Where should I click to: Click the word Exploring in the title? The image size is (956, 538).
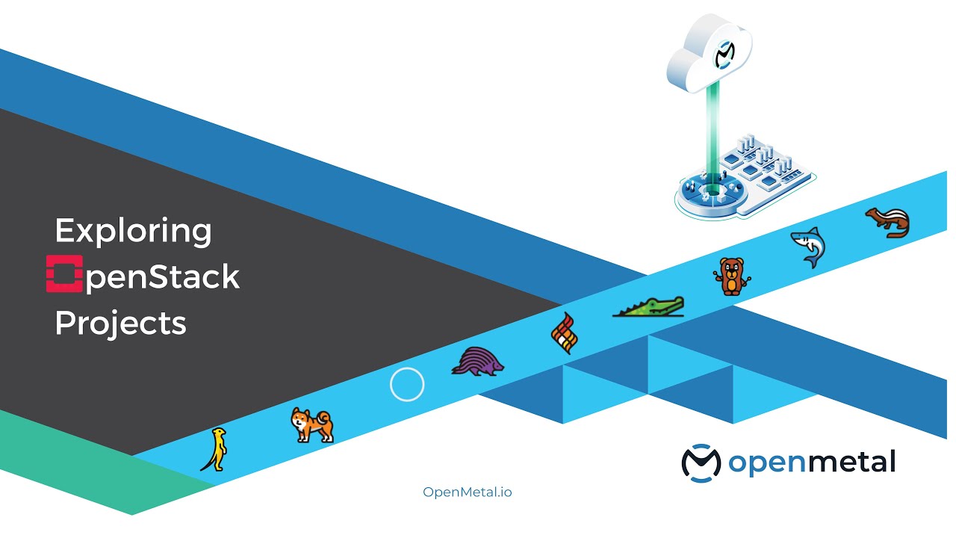pyautogui.click(x=133, y=232)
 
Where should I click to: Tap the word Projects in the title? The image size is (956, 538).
pyautogui.click(x=120, y=323)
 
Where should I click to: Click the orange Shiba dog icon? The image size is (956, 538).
pyautogui.click(x=311, y=425)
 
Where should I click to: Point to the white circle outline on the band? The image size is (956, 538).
pyautogui.click(x=407, y=385)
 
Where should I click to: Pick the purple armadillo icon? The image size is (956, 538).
pyautogui.click(x=478, y=360)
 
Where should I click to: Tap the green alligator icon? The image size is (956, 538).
pyautogui.click(x=648, y=306)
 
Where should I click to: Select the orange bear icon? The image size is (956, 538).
pyautogui.click(x=730, y=276)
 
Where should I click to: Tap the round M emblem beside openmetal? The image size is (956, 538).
pyautogui.click(x=701, y=462)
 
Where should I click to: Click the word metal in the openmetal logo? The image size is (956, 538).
pyautogui.click(x=851, y=462)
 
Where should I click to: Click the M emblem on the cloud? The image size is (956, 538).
pyautogui.click(x=724, y=54)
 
